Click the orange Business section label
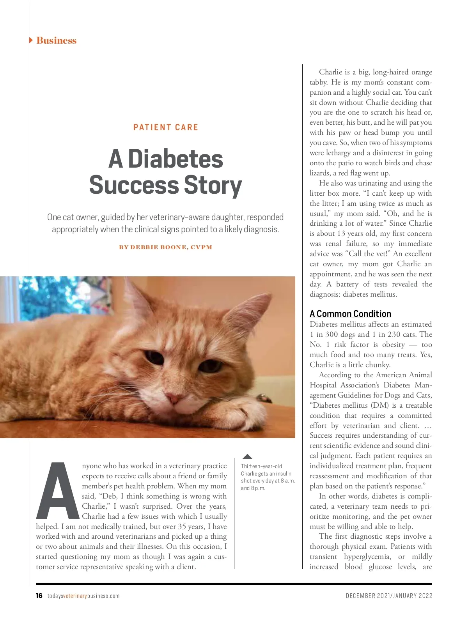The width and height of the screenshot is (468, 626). tap(56, 41)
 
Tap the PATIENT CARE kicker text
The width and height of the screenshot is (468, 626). tap(166, 127)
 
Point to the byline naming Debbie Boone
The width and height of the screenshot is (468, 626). tap(166, 247)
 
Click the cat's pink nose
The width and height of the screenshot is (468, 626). tap(172, 398)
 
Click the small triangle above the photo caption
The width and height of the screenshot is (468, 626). tap(247, 456)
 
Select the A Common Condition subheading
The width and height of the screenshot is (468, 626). tap(350, 314)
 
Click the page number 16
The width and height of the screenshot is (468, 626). tap(39, 596)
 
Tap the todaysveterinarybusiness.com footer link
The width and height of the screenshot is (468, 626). tap(83, 596)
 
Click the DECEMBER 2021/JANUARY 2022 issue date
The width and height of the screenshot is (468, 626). tap(389, 596)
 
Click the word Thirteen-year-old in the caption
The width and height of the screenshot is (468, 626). tap(261, 466)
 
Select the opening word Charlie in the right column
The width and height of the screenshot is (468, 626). tap(331, 72)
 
